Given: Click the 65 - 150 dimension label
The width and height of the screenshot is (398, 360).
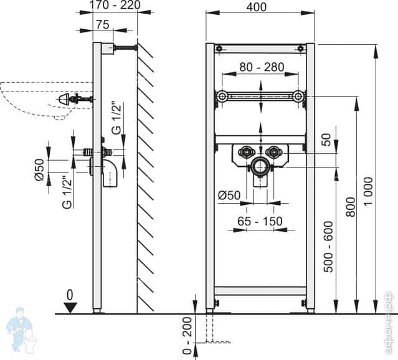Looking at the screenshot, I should [260, 221].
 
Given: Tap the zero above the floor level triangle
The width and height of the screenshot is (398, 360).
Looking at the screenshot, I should [70, 293].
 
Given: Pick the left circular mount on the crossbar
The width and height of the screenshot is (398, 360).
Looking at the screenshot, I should [220, 96].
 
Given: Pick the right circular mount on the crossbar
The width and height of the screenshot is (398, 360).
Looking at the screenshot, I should [300, 96].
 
